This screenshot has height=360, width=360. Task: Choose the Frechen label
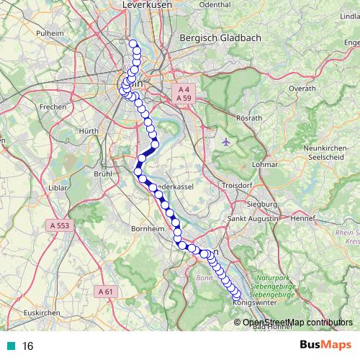click(53, 107)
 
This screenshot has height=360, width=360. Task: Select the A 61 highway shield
click(104, 292)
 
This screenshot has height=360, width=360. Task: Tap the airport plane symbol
click(228, 140)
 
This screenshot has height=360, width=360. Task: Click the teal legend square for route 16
click(12, 346)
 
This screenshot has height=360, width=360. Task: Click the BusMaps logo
click(321, 345)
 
